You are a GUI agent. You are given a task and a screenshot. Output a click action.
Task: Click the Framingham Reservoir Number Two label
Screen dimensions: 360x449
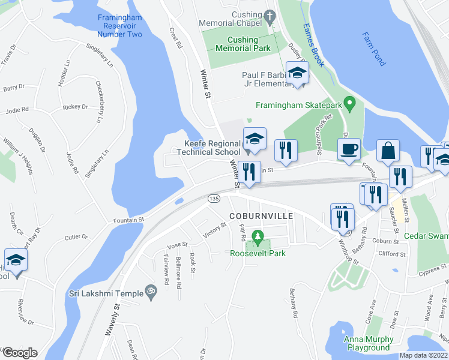click(120, 25)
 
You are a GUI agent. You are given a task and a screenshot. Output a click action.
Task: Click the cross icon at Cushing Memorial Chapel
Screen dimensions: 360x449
click(270, 14)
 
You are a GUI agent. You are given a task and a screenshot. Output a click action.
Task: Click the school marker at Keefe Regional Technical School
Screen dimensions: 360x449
click(255, 139)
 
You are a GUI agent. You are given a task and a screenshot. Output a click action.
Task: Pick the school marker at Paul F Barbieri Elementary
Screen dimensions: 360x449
click(297, 73)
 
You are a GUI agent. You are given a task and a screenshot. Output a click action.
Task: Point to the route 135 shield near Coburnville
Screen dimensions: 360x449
click(213, 198)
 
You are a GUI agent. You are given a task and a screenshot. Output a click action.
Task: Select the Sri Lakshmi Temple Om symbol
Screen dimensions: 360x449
click(151, 292)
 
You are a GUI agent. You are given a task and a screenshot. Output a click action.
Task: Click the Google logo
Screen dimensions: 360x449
click(19, 353)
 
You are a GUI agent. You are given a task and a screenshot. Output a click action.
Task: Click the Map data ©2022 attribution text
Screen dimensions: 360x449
click(423, 355)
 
